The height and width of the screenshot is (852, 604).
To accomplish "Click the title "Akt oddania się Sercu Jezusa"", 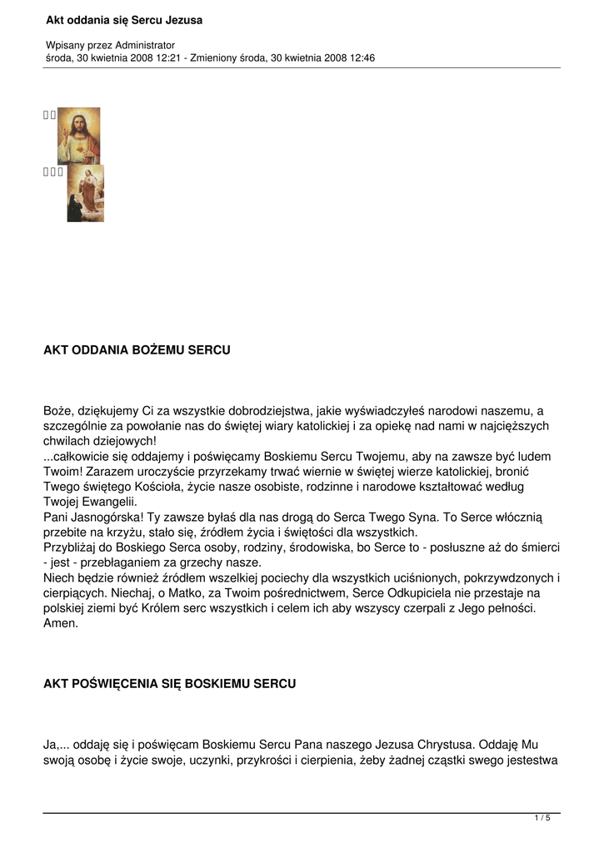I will pos(123,20).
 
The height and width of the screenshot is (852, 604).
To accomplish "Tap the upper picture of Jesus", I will pos(78,136).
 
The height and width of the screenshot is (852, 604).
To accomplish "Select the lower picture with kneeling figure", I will pos(86,194).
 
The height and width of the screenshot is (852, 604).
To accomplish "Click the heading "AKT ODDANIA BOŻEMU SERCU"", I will pos(137,350).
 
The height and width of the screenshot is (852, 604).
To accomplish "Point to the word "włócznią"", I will pos(518,518).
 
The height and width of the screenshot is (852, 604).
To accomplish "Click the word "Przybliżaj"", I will pos(72,547).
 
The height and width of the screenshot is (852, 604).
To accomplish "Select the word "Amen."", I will pos(61,622).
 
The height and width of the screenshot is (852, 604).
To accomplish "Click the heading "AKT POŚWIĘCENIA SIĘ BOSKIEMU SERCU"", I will pos(169,684).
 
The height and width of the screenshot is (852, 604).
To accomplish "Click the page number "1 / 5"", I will pos(542,818).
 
